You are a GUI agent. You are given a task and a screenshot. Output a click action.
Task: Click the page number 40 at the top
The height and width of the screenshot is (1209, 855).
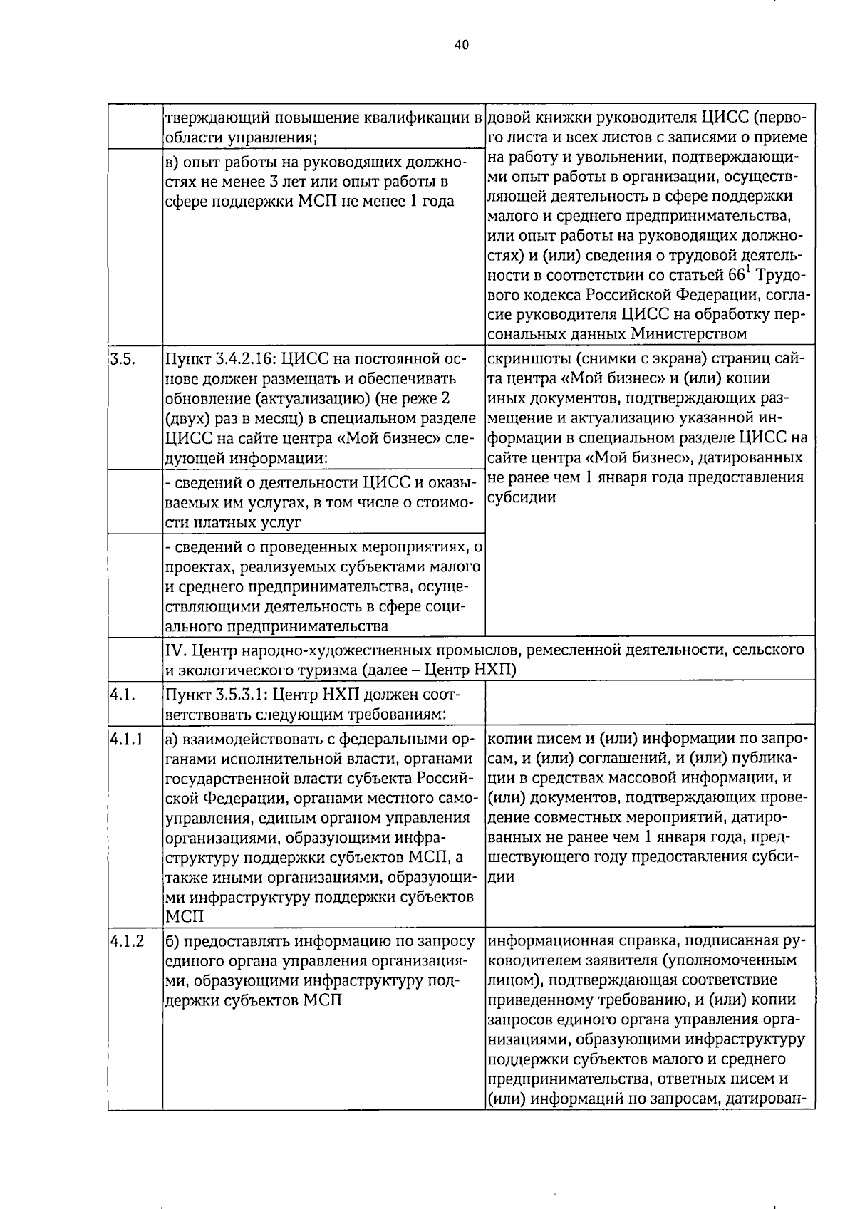coord(461,45)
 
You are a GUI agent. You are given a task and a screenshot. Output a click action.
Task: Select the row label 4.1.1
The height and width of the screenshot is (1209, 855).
coord(127,740)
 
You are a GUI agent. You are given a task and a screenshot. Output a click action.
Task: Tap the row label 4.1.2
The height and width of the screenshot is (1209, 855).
coord(127,941)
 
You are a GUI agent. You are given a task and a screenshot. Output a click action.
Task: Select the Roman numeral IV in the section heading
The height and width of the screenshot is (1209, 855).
coord(175,650)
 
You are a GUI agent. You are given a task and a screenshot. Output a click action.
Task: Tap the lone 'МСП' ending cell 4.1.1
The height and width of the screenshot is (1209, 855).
coord(184,917)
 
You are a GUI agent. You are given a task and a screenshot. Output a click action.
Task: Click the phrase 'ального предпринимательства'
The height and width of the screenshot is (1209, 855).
coord(277,626)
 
